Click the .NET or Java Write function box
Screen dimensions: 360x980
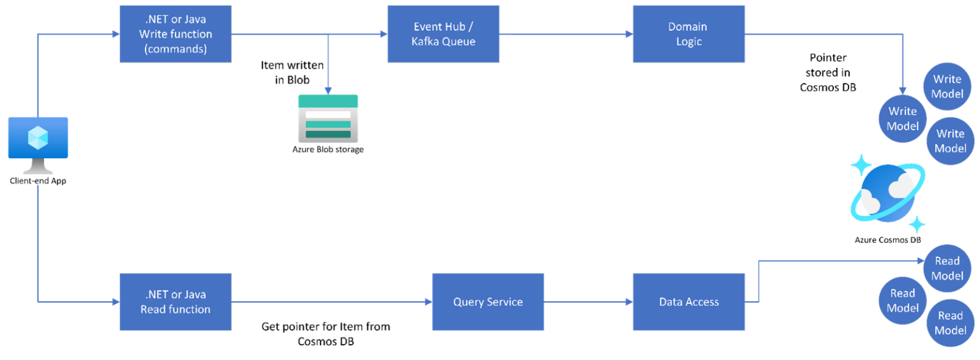click(175, 34)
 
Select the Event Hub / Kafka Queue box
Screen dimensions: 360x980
click(443, 34)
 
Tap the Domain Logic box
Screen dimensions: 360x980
click(688, 34)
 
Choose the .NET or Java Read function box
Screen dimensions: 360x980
click(175, 302)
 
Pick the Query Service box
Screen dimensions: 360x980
click(487, 302)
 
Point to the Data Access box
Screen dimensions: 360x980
click(688, 302)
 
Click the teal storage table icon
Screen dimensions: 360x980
click(328, 119)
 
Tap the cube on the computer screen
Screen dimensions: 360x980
click(38, 137)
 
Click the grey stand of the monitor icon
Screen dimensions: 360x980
click(38, 167)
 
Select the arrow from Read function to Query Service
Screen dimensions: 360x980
click(332, 302)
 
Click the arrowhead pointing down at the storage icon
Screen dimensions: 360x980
click(328, 90)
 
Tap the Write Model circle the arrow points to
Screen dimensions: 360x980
click(902, 119)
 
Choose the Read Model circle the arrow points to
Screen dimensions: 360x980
click(947, 268)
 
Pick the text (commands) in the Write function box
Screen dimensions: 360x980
click(175, 49)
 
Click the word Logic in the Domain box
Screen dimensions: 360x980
click(688, 41)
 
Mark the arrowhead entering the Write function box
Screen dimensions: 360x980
click(115, 34)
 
